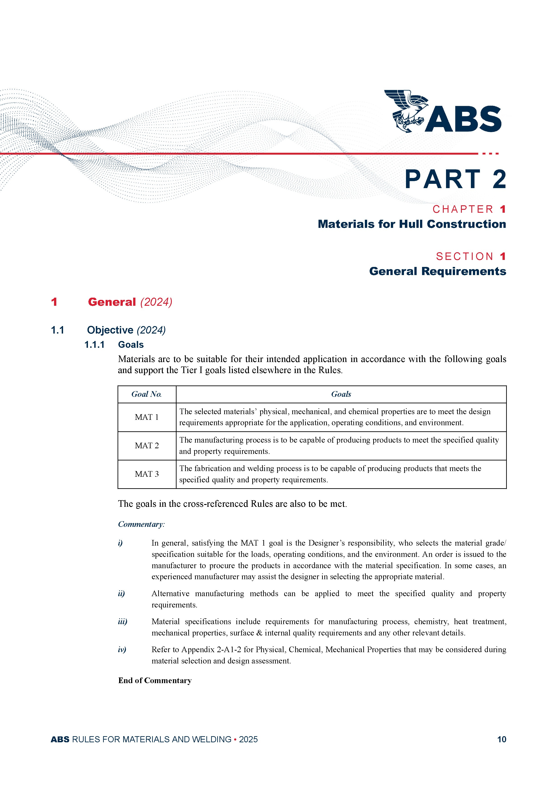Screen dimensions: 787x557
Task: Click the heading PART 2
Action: point(455,179)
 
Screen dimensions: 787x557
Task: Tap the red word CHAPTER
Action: point(463,209)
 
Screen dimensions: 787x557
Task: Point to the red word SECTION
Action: point(465,256)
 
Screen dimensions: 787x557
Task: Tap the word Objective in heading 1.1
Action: point(110,330)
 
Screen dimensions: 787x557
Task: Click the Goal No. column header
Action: point(146,394)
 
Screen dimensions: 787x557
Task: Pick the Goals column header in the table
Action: point(341,394)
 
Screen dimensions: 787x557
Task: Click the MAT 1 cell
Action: point(146,417)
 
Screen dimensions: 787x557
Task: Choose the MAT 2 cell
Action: point(146,446)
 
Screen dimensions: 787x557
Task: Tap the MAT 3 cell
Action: point(146,474)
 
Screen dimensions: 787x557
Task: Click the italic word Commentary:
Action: point(141,524)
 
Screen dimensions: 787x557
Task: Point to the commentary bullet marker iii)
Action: point(123,621)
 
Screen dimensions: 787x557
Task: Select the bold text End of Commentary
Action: point(155,680)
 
